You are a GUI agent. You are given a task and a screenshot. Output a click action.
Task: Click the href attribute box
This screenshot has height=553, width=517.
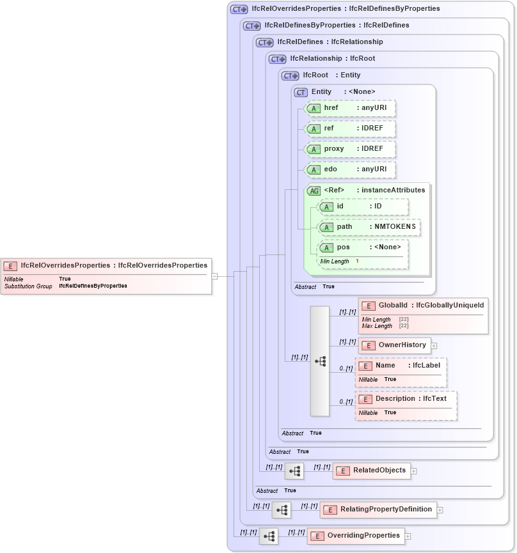(350, 108)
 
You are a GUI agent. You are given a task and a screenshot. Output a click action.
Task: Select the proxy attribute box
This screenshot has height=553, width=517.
(350, 149)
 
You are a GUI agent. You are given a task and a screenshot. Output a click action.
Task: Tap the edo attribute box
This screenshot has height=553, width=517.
(350, 169)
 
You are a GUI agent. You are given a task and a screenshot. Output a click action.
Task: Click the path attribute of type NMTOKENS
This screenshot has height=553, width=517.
(369, 227)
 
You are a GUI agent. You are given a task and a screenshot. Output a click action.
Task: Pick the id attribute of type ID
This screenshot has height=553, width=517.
(363, 206)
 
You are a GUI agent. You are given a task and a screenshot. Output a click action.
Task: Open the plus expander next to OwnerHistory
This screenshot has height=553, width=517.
(434, 346)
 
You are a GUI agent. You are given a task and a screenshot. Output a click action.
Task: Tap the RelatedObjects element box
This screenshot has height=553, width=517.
(371, 471)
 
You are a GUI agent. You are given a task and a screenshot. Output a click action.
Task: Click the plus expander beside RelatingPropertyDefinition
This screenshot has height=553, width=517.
(440, 510)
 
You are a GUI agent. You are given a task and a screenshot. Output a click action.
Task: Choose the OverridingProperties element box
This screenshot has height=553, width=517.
(356, 536)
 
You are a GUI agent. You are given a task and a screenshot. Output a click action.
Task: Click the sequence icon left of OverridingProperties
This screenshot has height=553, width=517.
(269, 536)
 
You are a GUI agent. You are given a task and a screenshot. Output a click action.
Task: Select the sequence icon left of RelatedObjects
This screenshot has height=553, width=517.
(294, 471)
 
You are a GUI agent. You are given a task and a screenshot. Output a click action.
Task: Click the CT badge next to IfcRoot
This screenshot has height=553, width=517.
(291, 75)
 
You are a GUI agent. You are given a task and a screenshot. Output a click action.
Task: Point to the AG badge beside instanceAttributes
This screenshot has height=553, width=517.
(314, 191)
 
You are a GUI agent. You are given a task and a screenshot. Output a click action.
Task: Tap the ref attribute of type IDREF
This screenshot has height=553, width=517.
(350, 129)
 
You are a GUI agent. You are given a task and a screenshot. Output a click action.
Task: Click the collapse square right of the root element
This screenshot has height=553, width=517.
(215, 276)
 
